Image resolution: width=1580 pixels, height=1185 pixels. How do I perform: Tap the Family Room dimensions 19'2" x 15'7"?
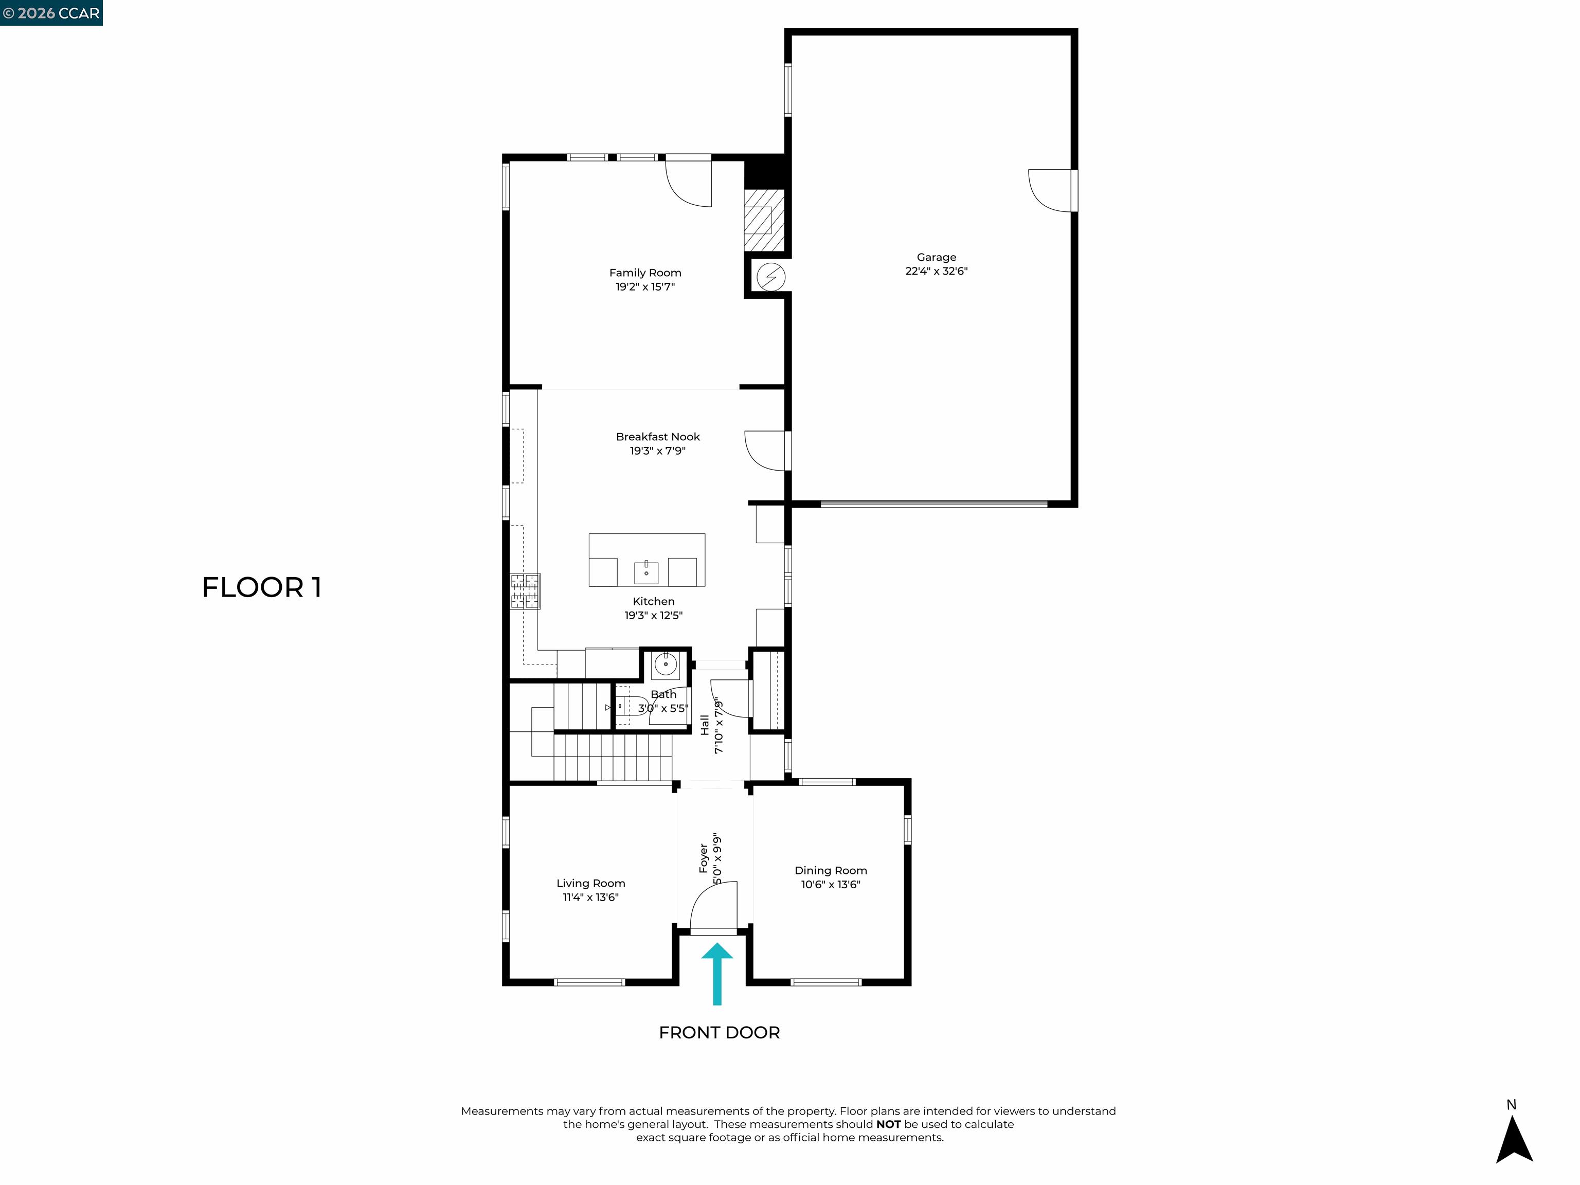pos(644,286)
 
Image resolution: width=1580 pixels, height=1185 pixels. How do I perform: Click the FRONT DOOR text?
pos(719,1032)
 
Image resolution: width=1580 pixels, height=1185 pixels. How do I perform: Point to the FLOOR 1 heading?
pos(261,587)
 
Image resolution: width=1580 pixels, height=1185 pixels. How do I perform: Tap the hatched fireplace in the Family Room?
pos(764,220)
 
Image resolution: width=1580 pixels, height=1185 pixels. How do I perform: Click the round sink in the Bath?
pos(665,665)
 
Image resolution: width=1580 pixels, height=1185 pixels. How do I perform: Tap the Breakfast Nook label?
pos(657,437)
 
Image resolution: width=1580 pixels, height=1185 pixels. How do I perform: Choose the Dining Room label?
pos(830,870)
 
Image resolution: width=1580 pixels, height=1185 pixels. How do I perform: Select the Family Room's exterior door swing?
pos(689,183)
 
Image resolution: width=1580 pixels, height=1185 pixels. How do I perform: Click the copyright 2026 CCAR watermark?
pos(51,13)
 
